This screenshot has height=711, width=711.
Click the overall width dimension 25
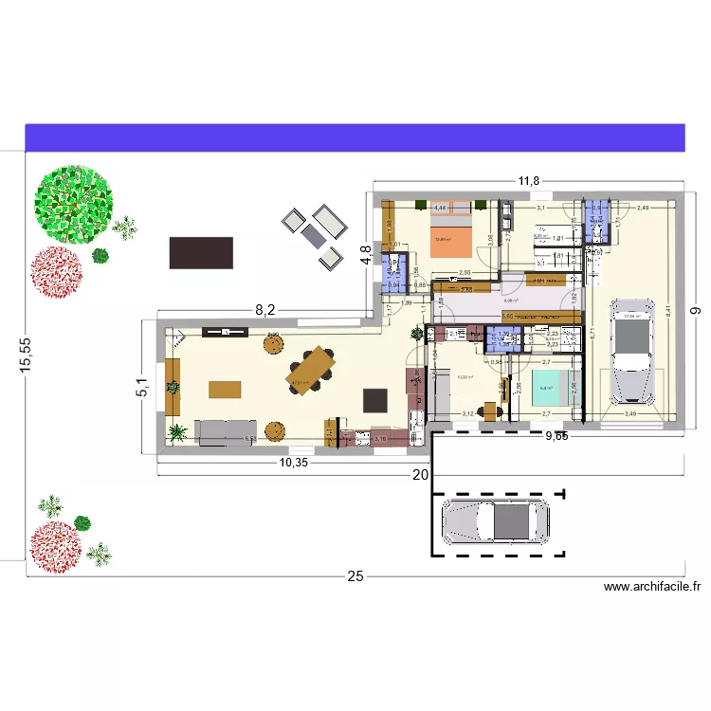pos(355,576)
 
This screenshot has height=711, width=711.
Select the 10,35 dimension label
pos(294,462)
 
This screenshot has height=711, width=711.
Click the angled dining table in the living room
pos(312,368)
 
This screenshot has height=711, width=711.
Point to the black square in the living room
pos(376,399)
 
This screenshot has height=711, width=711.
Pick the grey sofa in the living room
pos(226,431)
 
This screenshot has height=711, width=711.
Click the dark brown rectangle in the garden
pos(201,252)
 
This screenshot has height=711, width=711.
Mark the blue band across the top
pos(355,137)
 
